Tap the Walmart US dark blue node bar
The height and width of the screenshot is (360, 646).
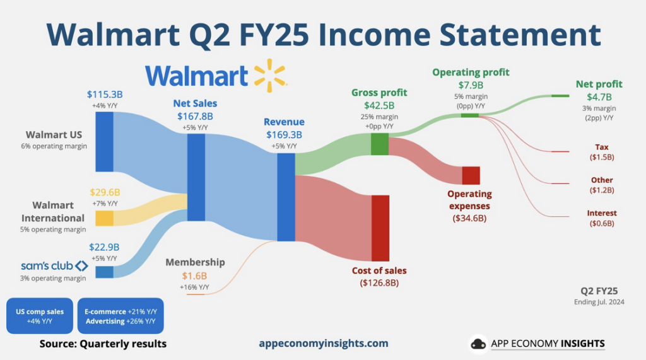point(104,142)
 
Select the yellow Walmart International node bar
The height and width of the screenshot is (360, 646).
point(104,218)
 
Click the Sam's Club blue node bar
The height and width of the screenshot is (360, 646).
point(104,272)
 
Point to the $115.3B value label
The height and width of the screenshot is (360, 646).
point(105,95)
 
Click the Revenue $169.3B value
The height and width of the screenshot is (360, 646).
point(284,134)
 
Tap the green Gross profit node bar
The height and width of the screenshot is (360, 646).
point(379,144)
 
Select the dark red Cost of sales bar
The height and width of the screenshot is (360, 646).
point(380,228)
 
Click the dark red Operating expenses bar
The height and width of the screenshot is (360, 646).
point(471,175)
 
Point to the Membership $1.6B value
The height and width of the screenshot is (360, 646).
point(194,276)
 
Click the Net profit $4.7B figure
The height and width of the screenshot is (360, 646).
point(599,97)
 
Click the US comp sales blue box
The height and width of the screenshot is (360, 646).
point(39,316)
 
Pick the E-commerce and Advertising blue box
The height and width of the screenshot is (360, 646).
point(120,316)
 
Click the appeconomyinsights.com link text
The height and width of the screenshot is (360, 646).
point(324,344)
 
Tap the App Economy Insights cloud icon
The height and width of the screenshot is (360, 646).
point(479,344)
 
